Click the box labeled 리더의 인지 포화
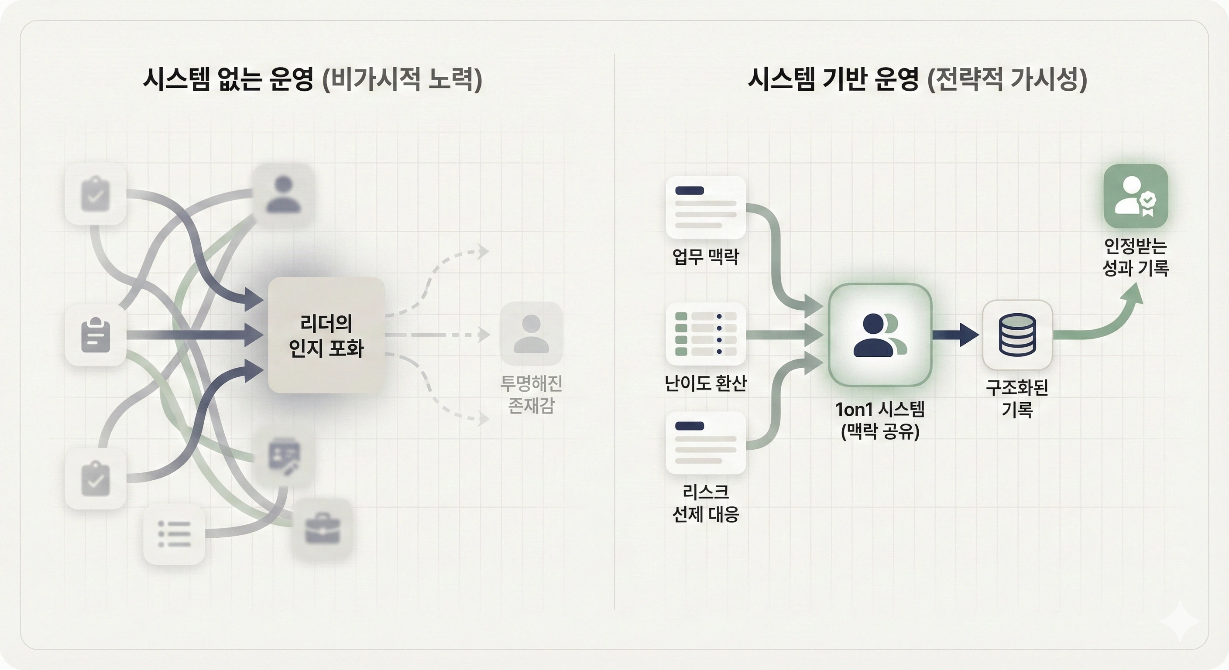pos(326,335)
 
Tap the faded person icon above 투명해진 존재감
pos(531,333)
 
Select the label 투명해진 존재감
pos(531,394)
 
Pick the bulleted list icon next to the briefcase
pos(174,534)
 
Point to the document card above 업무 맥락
pos(706,208)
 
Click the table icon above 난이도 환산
pos(706,334)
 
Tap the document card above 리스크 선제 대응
pos(706,443)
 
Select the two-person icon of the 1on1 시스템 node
pos(880,335)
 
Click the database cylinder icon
pos(1017,335)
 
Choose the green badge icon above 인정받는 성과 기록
pos(1136,196)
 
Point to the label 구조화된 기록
pos(1017,398)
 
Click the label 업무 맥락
pos(706,256)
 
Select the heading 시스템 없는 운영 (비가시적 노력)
pos(312,79)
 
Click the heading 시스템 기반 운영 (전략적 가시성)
pos(917,79)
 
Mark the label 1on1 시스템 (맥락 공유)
pos(880,420)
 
